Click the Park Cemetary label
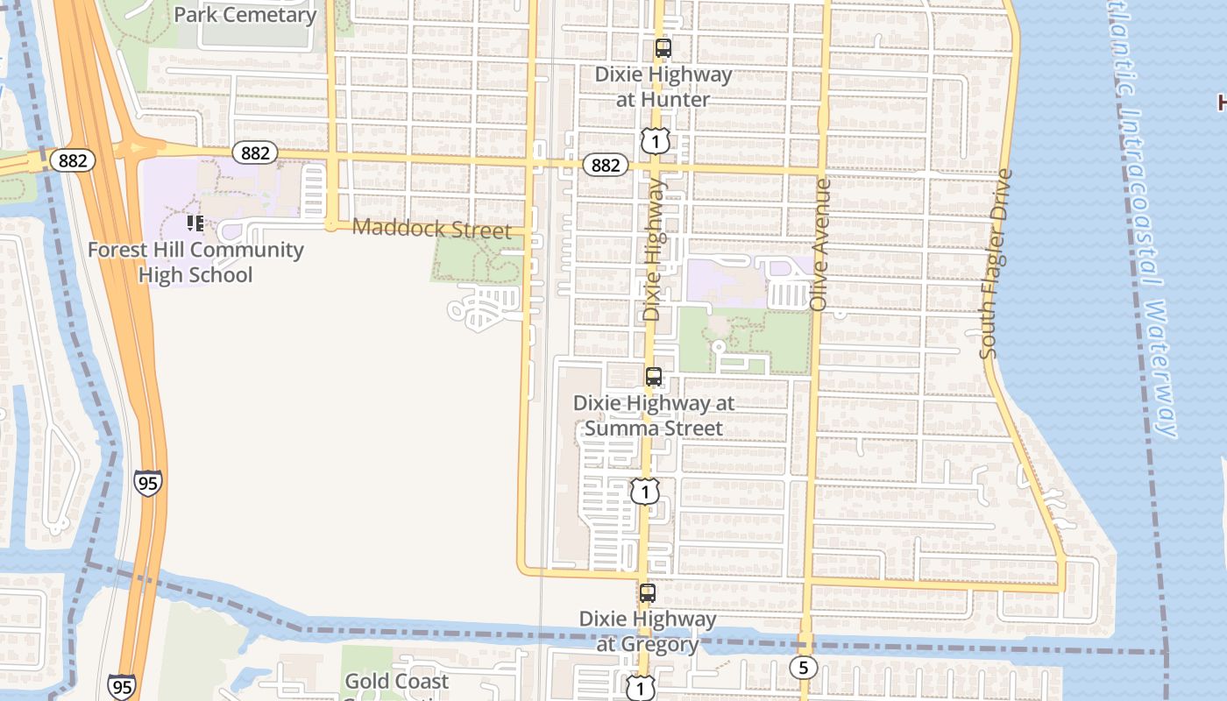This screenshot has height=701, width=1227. click(245, 15)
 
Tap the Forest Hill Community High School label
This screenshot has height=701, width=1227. click(195, 262)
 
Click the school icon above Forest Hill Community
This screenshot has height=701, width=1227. click(195, 223)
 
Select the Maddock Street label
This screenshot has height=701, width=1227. click(430, 230)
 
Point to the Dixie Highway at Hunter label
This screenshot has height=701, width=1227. click(663, 87)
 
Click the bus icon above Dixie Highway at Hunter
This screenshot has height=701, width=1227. click(663, 48)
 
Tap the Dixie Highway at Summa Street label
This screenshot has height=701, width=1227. click(653, 415)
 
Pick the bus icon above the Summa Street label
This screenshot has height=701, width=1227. click(654, 377)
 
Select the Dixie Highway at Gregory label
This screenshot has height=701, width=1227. click(648, 631)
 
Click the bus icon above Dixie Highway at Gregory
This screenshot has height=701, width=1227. click(648, 593)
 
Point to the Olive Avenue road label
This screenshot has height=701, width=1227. click(820, 244)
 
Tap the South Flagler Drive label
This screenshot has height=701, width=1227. click(996, 263)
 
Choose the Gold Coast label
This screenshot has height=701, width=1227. click(396, 681)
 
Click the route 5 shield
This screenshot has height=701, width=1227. click(803, 668)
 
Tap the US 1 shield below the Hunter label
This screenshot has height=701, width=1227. click(655, 140)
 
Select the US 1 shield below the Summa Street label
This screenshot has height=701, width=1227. click(645, 492)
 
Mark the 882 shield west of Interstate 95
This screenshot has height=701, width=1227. click(72, 160)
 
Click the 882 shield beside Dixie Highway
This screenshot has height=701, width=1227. click(606, 165)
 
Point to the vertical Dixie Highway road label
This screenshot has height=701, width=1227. click(654, 250)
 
